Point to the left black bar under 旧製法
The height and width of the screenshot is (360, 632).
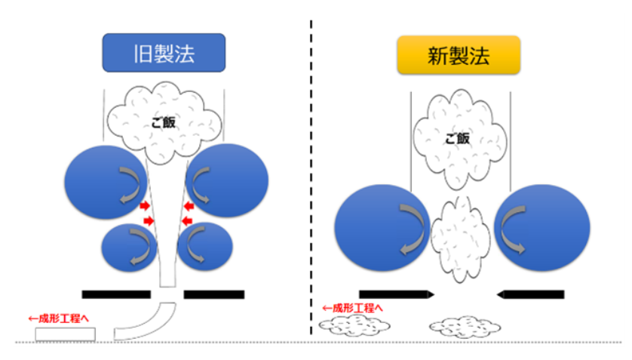click(117, 293)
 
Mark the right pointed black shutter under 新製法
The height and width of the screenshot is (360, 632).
click(531, 293)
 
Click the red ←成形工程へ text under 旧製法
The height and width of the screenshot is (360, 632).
click(62, 318)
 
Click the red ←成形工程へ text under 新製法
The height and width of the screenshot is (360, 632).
click(353, 308)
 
